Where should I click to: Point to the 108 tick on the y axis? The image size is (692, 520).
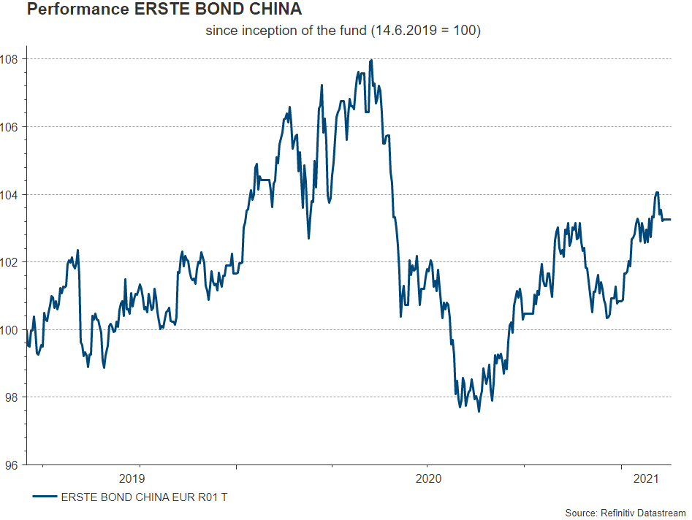pos(12,59)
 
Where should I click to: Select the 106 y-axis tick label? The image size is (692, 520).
pos(12,127)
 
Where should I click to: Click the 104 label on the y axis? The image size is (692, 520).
pos(12,194)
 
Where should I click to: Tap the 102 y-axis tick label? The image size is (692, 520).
pos(12,262)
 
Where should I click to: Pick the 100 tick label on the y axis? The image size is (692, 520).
pos(12,330)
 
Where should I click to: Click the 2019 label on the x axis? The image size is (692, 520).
pos(132,479)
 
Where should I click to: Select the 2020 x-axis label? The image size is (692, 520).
pos(428,479)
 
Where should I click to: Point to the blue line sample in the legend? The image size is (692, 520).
pos(45,497)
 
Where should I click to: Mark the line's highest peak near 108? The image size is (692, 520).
pos(372,60)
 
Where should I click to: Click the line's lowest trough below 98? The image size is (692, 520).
pos(479,411)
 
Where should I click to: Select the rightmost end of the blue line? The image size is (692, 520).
pos(670,219)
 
